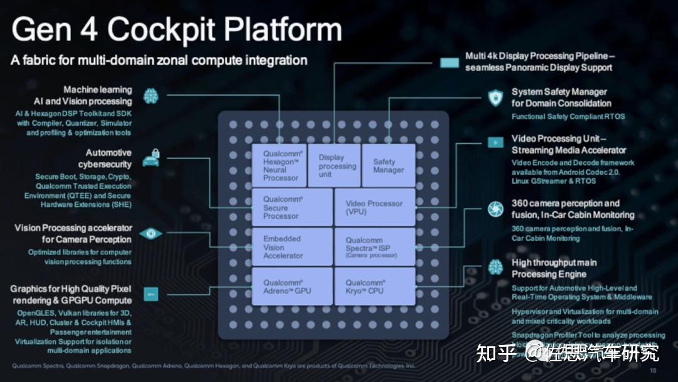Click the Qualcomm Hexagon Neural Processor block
[279, 165]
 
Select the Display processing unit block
[333, 165]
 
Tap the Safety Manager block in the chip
[389, 165]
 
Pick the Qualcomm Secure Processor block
[292, 207]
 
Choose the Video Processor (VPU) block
[374, 207]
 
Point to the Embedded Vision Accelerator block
[292, 247]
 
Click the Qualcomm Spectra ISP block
[374, 247]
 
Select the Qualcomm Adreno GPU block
[292, 286]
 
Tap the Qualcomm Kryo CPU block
[374, 286]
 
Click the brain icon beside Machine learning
[151, 95]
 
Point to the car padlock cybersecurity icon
[151, 158]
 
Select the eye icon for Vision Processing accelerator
[151, 234]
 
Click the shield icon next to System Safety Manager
[495, 97]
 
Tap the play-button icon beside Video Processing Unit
[495, 143]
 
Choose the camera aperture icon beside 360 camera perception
[495, 209]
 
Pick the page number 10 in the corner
[653, 371]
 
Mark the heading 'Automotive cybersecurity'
[109, 158]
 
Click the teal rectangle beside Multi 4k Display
[449, 62]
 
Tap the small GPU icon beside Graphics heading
[151, 293]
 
